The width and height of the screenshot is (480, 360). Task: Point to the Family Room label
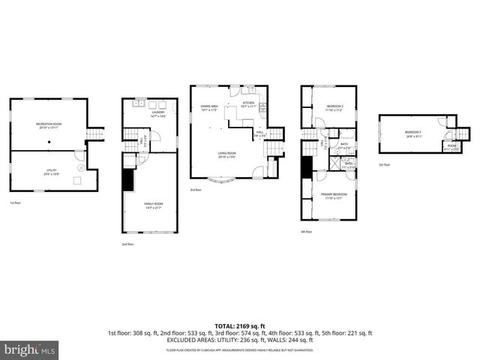coord(154,205)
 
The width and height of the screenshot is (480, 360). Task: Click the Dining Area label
coord(209,108)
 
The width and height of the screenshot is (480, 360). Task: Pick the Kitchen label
coord(248,104)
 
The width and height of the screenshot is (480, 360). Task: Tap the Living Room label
coord(227,154)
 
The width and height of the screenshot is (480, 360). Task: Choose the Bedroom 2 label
coord(334,108)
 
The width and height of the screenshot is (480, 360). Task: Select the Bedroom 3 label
coord(415,135)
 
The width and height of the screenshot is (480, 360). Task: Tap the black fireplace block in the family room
coord(128,180)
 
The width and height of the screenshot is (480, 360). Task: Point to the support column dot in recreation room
coord(49,140)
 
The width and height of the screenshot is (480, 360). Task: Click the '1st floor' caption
coord(14,203)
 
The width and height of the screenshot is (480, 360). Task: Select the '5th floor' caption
coord(384,164)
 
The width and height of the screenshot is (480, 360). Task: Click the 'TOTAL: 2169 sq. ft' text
coord(240,326)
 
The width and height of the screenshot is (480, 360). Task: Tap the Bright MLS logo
coord(30,349)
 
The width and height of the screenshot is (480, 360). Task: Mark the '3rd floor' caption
coord(195,190)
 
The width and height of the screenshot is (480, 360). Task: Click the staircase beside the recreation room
coord(94,134)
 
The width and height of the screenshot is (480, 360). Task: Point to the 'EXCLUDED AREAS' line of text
coord(240,339)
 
